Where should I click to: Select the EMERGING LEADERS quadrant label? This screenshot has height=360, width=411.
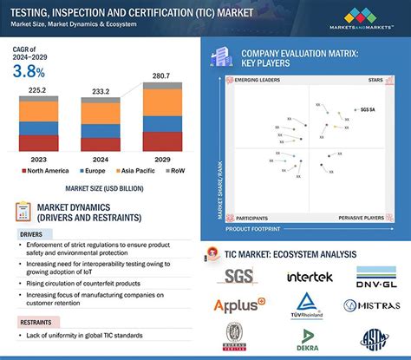[x=258, y=79]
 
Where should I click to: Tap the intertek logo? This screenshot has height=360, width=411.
[x=310, y=278]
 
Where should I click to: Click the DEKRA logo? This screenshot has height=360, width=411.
[x=309, y=342]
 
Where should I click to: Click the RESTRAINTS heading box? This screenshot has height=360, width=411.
[x=39, y=322]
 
